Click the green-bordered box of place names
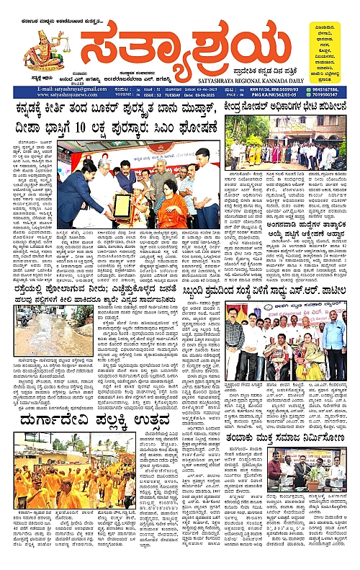pyautogui.click(x=336, y=46)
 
